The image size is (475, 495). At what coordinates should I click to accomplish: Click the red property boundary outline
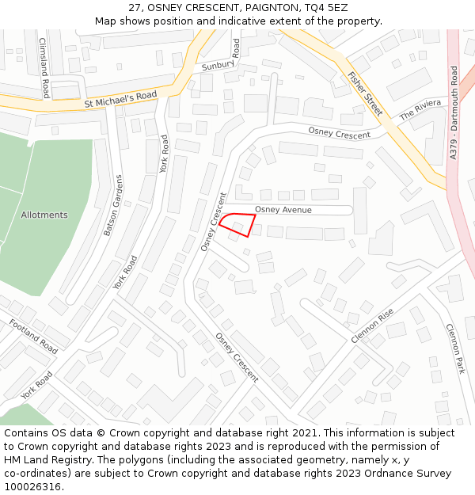point(237,225)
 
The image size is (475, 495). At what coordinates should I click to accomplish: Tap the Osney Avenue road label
point(283,210)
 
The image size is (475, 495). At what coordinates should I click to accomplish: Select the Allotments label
point(44,215)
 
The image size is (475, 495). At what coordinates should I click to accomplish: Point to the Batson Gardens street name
point(113,205)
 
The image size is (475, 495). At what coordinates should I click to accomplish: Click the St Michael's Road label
point(120,99)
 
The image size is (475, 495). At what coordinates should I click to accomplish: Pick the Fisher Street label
point(365,93)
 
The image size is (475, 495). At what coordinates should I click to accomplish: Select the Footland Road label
point(33,337)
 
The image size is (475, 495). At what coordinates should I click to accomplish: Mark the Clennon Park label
point(454,348)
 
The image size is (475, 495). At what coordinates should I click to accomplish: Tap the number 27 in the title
point(135,8)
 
